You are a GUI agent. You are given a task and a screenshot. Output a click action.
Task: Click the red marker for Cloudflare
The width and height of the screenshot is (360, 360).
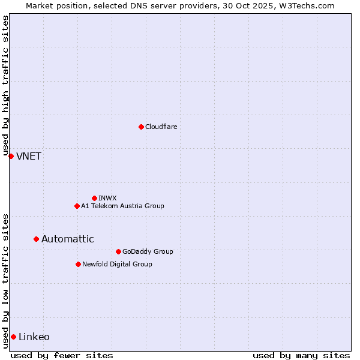(x=141, y=127)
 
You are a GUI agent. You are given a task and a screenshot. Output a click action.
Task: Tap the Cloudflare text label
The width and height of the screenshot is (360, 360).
(x=161, y=127)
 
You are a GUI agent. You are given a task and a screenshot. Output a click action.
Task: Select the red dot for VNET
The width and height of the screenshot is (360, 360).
(x=11, y=156)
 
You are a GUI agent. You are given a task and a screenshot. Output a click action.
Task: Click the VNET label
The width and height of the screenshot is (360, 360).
(x=29, y=157)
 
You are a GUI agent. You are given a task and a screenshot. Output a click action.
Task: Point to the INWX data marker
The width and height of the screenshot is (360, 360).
(x=94, y=198)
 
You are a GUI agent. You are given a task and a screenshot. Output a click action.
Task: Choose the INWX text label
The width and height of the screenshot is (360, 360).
(x=107, y=198)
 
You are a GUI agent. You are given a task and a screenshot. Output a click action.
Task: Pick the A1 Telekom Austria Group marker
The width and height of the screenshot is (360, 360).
(x=77, y=206)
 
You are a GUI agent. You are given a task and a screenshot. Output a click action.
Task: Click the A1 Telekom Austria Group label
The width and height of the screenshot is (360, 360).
(x=122, y=206)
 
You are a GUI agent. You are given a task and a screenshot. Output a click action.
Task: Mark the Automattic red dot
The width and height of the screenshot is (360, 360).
(x=36, y=239)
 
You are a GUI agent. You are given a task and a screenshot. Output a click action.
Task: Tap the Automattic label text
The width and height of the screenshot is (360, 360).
(x=67, y=239)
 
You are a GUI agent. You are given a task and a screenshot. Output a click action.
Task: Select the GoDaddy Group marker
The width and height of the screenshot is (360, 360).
(x=118, y=251)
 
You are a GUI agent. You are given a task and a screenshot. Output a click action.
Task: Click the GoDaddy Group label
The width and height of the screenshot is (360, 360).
(x=147, y=251)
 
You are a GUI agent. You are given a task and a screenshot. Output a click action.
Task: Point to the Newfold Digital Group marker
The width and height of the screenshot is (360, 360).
(x=78, y=264)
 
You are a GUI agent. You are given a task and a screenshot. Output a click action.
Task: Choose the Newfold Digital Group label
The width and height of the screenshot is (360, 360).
(x=117, y=264)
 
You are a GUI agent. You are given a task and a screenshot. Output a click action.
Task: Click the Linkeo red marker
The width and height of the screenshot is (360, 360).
(x=13, y=337)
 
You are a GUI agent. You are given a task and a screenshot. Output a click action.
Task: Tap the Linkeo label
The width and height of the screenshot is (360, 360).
(x=34, y=337)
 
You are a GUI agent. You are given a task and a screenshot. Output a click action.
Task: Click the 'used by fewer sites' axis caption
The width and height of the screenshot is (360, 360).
(x=62, y=355)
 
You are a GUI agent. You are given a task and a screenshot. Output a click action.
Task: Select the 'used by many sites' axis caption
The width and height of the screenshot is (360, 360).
(x=301, y=355)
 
